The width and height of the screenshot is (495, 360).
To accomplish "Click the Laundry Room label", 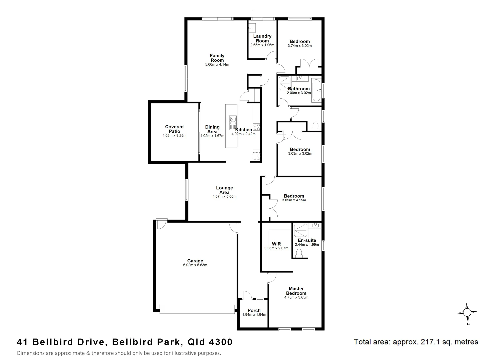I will coord(262,38).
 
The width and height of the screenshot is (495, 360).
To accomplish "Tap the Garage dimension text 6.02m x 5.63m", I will coord(195,265).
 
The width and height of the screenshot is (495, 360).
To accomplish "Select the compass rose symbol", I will coord(467,313).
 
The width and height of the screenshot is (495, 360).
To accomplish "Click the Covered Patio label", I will coord(174,129).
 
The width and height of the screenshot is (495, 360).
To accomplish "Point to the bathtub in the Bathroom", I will coord(316,90).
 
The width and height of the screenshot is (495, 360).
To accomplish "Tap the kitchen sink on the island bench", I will coord(232,120).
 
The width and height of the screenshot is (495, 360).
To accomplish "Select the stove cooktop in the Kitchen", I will coord(257,127).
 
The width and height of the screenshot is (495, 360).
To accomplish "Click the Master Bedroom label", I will coord(296,291).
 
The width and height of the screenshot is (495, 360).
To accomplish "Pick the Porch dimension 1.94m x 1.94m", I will coord(254,315).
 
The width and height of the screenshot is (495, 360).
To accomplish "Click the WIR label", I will coord(276,244).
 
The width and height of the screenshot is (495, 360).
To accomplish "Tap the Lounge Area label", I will coord(224,190).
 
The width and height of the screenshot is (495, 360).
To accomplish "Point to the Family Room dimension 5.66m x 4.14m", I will coord(217,65).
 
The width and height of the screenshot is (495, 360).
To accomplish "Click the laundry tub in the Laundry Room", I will coord(252,28).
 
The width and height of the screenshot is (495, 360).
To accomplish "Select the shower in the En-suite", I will coord(301,229).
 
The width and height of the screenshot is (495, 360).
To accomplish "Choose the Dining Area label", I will coord(212,129).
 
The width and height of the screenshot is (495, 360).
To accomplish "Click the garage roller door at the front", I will coord(197,309).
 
